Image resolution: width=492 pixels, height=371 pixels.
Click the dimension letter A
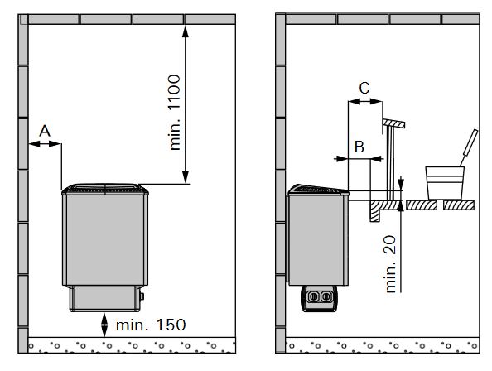(45, 131)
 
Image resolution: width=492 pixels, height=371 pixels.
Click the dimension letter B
(359, 147)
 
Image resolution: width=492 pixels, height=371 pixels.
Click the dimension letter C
(364, 88)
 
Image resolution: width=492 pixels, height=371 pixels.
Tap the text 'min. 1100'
(175, 113)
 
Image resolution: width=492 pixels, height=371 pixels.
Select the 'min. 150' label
(151, 325)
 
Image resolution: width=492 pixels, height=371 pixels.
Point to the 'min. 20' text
(391, 264)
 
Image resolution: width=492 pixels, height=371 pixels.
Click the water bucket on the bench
(445, 183)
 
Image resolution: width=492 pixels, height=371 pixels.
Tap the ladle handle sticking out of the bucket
(470, 147)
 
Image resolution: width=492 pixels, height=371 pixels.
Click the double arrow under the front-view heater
(104, 325)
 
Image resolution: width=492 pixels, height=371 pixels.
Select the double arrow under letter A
(45, 144)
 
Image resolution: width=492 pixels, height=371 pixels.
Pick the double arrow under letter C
(365, 101)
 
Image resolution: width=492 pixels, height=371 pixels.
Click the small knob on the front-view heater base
(142, 296)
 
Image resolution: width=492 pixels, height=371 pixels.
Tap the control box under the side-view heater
(319, 298)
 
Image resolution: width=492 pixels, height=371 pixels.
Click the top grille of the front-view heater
(105, 189)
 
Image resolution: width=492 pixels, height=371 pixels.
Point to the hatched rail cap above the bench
(393, 123)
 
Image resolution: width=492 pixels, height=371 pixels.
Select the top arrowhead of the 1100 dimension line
(186, 31)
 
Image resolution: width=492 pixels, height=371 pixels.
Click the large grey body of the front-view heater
(105, 240)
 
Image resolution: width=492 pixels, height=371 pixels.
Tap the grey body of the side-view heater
(318, 240)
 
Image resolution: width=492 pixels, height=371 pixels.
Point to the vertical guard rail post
(390, 163)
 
